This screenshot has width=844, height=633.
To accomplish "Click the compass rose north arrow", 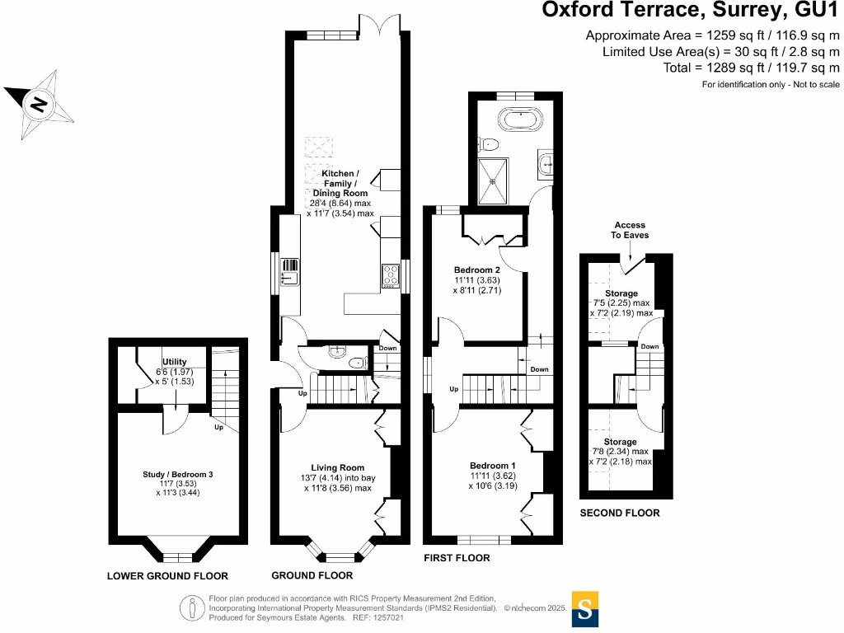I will click(x=37, y=103).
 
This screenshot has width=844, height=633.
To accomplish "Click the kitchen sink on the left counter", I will click(x=289, y=271).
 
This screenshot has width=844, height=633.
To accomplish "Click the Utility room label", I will click(x=174, y=362).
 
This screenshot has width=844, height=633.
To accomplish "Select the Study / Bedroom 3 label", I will click(x=178, y=474).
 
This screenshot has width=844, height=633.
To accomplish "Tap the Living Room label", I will click(x=338, y=467).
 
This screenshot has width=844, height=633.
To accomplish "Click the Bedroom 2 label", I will click(x=477, y=270).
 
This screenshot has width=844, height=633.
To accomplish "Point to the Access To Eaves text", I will click(x=629, y=230).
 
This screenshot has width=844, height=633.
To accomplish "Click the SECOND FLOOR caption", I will click(x=620, y=513).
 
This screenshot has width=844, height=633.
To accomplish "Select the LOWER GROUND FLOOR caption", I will click(x=167, y=575).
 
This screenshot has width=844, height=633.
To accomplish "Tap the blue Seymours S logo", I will click(x=585, y=610).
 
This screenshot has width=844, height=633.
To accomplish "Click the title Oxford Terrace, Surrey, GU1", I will click(x=691, y=11).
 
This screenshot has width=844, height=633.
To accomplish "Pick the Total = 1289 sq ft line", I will click(x=751, y=68).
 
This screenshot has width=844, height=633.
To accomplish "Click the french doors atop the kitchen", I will click(x=370, y=26).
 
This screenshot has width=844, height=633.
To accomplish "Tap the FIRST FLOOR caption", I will click(x=457, y=558).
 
